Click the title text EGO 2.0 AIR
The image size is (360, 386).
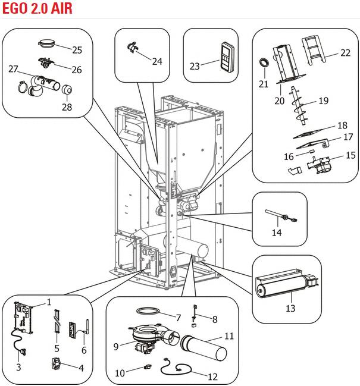pyautogui.click(x=37, y=8)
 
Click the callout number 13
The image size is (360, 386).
pyautogui.click(x=290, y=309)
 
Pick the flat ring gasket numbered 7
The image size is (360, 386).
pyautogui.click(x=146, y=312)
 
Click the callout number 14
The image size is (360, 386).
pyautogui.click(x=277, y=233)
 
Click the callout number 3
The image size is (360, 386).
pyautogui.click(x=18, y=367)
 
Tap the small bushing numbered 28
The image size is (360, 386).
pyautogui.click(x=65, y=91)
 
